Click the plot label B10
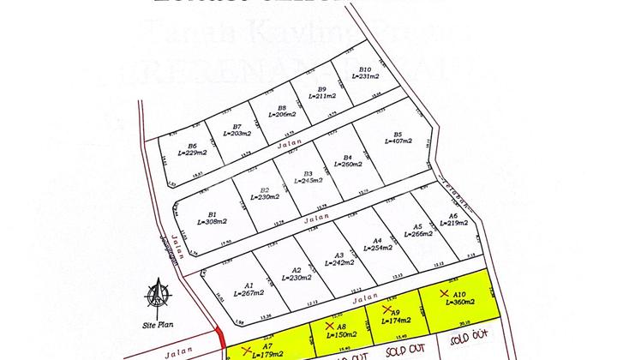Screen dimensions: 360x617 coord(365,69)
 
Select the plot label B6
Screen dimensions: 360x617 coord(193,146)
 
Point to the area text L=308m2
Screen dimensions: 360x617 coord(213,221)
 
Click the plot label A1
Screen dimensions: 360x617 coord(249,285)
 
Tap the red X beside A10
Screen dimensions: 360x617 coord(443,293)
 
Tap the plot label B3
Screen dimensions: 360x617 coord(308,173)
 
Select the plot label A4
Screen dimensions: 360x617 coord(377,241)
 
